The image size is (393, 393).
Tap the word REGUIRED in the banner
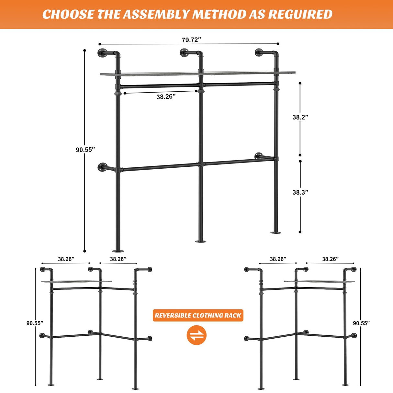coord(300,15)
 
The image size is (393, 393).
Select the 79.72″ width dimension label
coord(191,40)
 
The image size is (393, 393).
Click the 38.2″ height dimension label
coord(300,117)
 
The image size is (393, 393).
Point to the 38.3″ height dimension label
coord(300,192)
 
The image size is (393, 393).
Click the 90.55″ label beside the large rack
coord(85,150)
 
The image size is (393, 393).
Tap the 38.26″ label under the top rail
coord(166,97)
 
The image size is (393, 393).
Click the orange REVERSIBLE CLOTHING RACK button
coord(198,315)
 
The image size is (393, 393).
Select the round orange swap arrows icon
coord(196,335)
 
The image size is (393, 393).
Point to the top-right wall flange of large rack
coord(259,53)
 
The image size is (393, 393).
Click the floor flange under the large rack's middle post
coord(201,241)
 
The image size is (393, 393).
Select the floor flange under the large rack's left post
coord(118,251)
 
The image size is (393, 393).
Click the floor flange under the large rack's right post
coord(276,232)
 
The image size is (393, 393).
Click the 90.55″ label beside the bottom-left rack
coord(35,323)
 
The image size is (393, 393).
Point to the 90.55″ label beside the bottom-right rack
coord(361,323)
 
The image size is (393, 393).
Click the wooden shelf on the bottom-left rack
coord(77,282)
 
